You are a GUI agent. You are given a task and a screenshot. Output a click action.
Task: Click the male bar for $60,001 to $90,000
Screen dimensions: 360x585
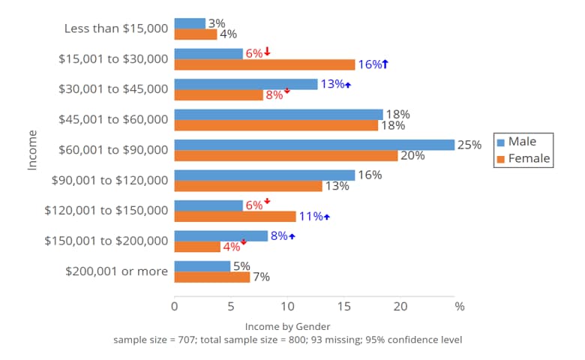[x=314, y=145]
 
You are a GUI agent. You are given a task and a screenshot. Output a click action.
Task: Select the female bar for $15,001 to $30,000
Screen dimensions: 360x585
[x=264, y=64]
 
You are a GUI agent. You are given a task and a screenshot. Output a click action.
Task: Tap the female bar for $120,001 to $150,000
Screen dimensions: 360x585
[x=235, y=217]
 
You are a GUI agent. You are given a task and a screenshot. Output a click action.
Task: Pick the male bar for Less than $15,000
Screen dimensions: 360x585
[x=190, y=23]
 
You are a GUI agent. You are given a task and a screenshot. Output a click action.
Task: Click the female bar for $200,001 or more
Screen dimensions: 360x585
[x=212, y=277]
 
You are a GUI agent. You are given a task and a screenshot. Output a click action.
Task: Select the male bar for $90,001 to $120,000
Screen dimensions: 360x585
[x=264, y=175]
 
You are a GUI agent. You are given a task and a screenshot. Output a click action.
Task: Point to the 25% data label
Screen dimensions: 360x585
[x=469, y=145]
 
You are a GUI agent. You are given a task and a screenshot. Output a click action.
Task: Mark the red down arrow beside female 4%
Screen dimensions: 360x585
[x=244, y=242]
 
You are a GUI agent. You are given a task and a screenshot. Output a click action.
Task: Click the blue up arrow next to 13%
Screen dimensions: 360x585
[x=348, y=85]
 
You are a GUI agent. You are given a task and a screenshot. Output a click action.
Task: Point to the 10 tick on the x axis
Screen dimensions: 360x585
[x=287, y=306]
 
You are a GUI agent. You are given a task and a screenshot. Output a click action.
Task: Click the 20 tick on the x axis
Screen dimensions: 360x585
[x=400, y=306]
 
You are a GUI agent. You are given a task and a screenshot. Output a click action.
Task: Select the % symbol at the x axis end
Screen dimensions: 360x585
[x=460, y=306]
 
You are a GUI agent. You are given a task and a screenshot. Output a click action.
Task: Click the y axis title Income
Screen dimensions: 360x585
[x=32, y=149]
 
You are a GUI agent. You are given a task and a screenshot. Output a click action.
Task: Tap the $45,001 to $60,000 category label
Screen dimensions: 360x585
[x=113, y=119]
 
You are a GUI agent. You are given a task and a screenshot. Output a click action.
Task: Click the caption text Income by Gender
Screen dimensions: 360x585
[x=287, y=327]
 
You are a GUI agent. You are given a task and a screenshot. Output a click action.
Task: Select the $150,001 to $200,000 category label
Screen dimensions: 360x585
[x=106, y=241]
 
